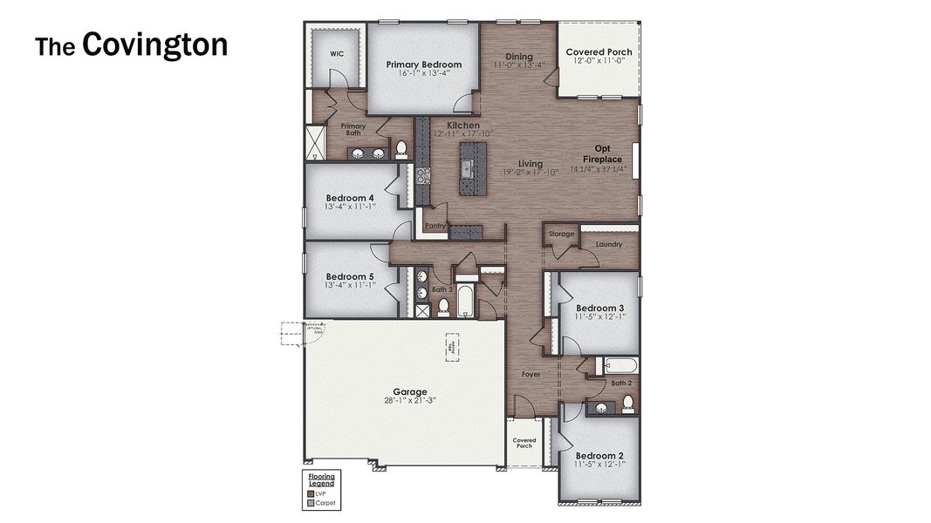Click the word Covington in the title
tap(154, 44)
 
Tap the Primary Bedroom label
tap(423, 65)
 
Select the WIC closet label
tap(337, 53)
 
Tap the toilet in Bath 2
tap(627, 403)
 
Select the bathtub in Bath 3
tap(463, 301)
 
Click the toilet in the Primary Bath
tap(401, 149)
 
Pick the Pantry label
tap(435, 226)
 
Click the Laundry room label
tap(609, 244)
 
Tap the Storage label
tap(562, 234)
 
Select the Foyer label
tap(531, 374)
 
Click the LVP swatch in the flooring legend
tap(311, 493)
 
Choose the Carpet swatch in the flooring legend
tap(311, 503)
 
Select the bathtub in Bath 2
tap(620, 365)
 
